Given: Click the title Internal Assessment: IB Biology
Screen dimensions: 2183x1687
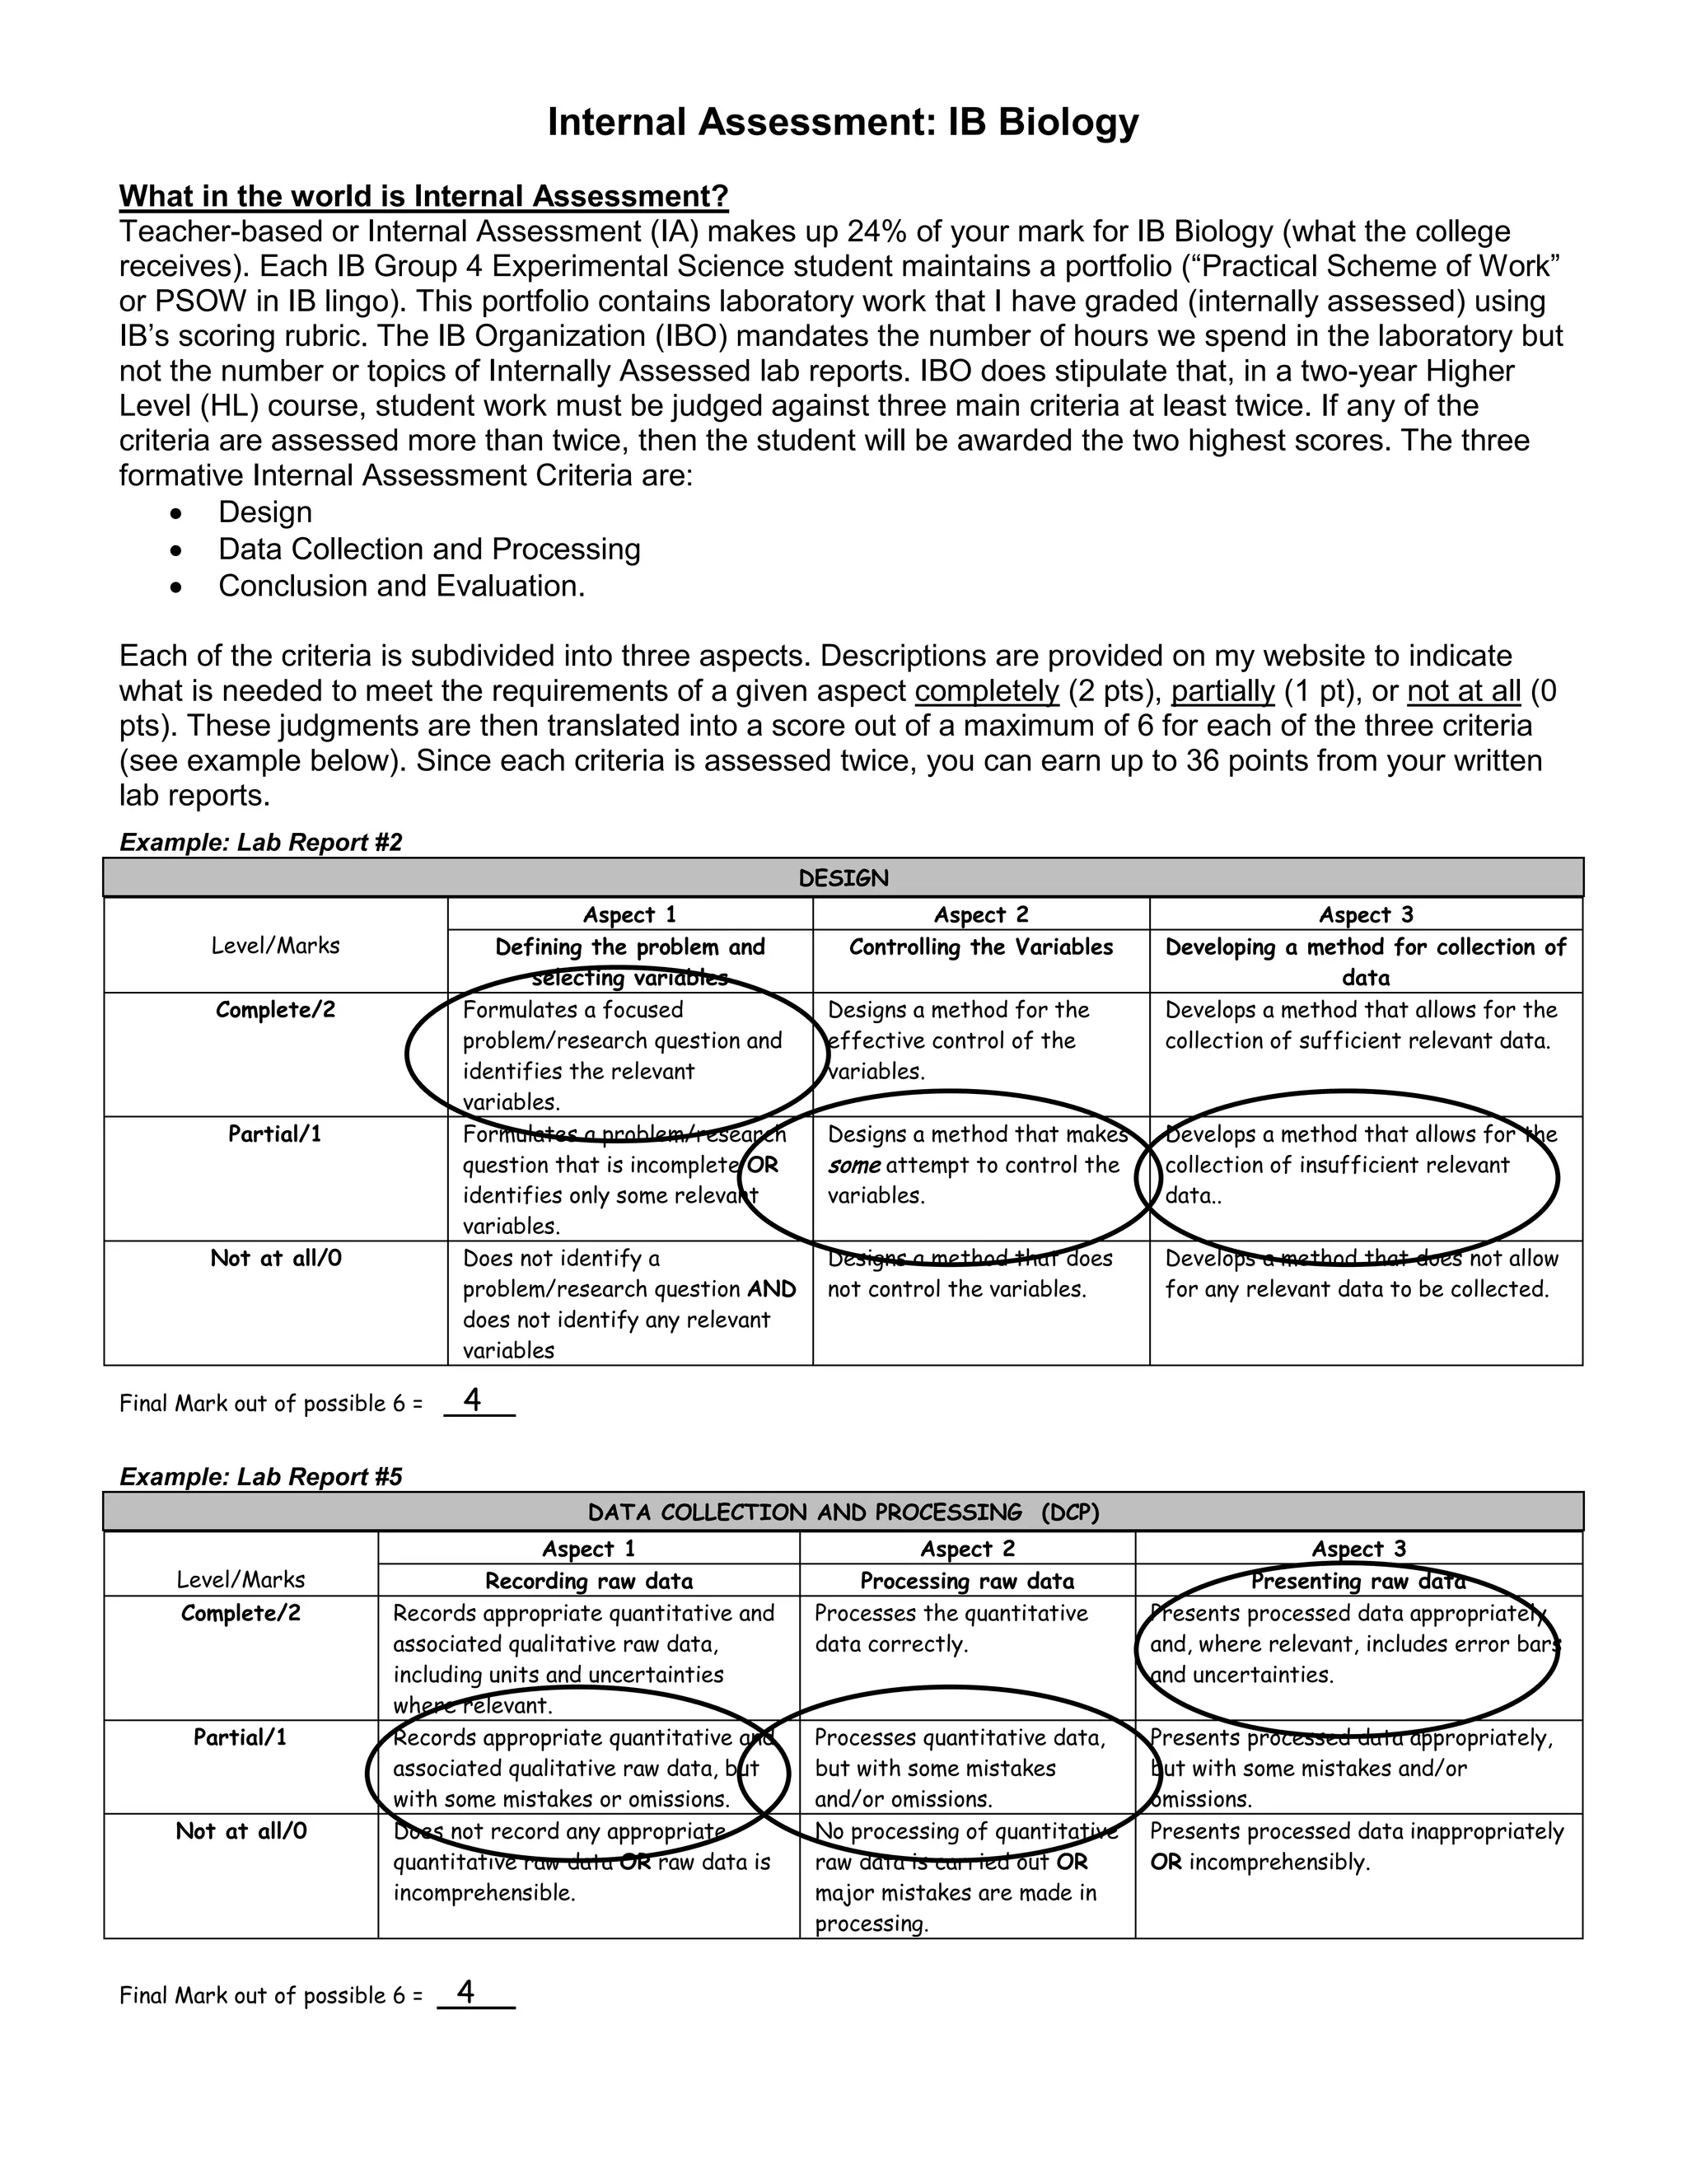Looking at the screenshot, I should tap(843, 122).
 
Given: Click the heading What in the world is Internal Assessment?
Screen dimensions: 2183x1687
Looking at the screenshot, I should tap(423, 196).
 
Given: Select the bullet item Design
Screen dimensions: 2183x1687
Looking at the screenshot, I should tap(265, 512).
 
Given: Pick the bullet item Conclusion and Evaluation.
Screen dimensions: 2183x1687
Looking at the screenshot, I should tap(402, 586).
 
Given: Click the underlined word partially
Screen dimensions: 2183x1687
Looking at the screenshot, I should tap(1223, 690).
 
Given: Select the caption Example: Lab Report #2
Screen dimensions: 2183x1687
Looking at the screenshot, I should tap(261, 842).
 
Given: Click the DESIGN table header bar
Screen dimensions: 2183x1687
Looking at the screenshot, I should tap(843, 877).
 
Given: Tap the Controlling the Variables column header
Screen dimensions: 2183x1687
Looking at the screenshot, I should tap(980, 947).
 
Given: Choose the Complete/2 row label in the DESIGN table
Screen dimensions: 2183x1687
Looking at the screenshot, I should tap(276, 1010).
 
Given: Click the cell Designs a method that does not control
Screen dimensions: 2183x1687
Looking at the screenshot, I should tap(970, 1274).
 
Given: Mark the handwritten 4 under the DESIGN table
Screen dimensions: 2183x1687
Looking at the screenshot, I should tap(473, 1400).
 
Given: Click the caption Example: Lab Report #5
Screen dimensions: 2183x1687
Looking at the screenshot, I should tap(261, 1476).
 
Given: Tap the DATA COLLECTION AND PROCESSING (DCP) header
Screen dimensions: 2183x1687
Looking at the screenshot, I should tap(843, 1512).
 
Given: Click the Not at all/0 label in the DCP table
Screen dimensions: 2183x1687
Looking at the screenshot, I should tap(241, 1830).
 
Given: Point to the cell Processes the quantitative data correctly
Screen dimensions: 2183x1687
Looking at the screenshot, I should tap(951, 1629).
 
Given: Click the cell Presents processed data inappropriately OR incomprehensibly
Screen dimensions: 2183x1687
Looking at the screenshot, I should tap(1356, 1845).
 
